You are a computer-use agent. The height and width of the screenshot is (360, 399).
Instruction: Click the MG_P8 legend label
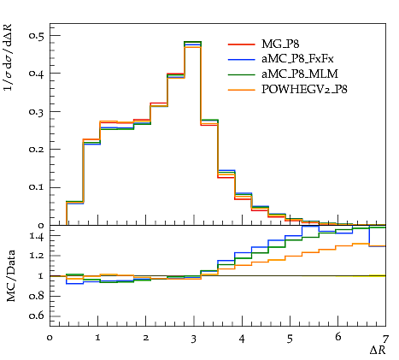(280, 44)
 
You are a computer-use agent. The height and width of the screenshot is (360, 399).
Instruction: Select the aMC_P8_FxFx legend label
(297, 59)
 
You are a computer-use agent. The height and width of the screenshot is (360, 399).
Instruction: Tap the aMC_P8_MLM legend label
(300, 74)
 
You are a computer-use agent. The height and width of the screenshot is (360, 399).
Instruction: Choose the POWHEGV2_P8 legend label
(304, 89)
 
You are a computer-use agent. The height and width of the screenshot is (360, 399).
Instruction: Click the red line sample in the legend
(241, 44)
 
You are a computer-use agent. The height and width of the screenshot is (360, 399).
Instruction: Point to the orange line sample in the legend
(241, 90)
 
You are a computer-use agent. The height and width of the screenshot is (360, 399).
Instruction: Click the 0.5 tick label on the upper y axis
(37, 35)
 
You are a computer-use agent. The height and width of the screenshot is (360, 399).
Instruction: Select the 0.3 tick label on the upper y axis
(37, 111)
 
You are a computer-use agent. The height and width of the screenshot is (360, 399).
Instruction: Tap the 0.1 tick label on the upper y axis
(37, 187)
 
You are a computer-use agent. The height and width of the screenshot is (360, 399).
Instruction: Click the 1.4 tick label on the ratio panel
(37, 236)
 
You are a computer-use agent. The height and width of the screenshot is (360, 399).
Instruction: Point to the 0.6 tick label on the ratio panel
(37, 316)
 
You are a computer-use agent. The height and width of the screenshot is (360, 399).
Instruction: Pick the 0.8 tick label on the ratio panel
(37, 296)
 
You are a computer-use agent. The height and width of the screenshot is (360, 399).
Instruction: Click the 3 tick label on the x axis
(194, 339)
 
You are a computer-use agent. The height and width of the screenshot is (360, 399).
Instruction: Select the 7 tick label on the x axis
(385, 339)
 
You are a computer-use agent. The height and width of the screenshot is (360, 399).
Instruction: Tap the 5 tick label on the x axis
(290, 339)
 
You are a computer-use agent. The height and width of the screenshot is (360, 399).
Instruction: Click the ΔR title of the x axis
(378, 350)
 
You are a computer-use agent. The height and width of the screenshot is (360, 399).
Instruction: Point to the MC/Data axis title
(11, 275)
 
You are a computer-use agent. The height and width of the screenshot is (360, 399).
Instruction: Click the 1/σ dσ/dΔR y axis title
(9, 57)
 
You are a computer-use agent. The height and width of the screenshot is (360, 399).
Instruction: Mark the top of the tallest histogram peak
(193, 42)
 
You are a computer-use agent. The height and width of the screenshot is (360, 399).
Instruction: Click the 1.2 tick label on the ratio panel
(37, 255)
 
